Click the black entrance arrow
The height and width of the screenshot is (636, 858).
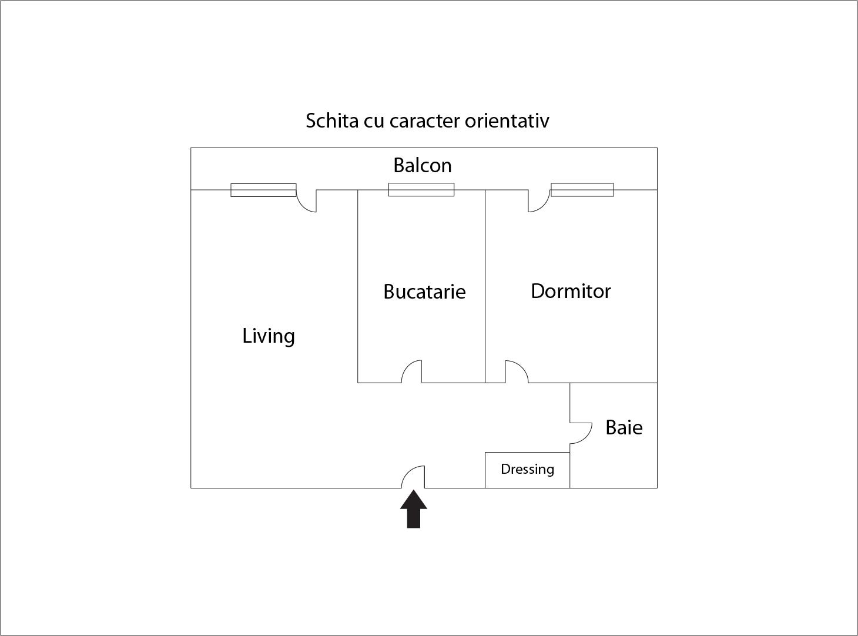click(x=414, y=508)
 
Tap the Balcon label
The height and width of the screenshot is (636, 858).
click(x=423, y=165)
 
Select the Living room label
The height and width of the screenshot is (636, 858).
click(x=269, y=336)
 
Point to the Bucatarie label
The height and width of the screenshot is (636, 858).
click(x=424, y=292)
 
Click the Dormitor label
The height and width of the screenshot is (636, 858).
click(x=571, y=291)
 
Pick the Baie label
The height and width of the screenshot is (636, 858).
click(x=624, y=427)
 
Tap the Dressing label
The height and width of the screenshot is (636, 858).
click(x=527, y=469)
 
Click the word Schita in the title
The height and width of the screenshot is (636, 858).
click(x=332, y=120)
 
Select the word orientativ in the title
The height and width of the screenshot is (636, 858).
click(x=507, y=120)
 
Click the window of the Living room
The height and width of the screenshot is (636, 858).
click(x=263, y=190)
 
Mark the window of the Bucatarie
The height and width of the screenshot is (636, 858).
click(x=421, y=190)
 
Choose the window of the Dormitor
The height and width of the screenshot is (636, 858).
click(x=582, y=190)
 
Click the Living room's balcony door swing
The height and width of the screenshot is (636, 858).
click(x=306, y=201)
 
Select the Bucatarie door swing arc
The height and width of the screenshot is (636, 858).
click(x=411, y=371)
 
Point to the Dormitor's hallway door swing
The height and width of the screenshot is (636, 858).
click(x=517, y=371)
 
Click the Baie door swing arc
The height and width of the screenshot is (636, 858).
click(x=581, y=433)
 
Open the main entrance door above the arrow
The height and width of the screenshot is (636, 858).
click(x=413, y=477)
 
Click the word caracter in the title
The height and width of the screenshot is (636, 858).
click(x=424, y=121)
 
